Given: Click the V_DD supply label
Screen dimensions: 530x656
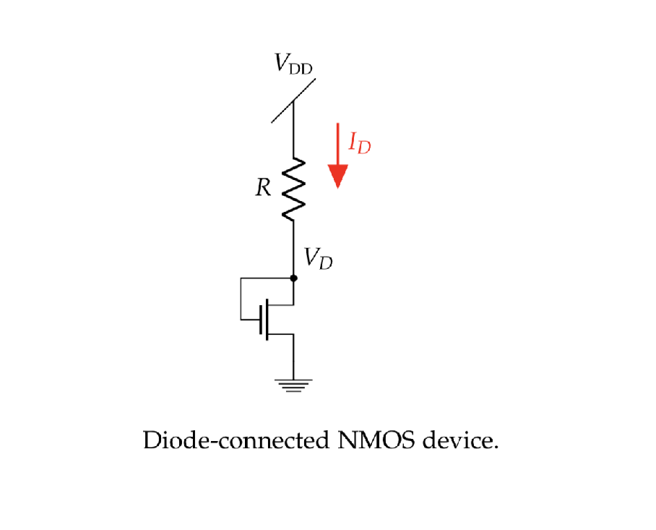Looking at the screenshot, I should [293, 65].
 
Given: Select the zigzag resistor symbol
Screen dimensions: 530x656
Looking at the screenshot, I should [293, 189].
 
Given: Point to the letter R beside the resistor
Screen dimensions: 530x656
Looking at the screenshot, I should [264, 189].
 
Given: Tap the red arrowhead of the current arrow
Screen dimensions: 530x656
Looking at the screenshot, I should [338, 176].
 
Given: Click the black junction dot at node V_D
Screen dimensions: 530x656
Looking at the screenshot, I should [293, 278].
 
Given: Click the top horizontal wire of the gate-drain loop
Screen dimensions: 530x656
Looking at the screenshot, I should [266, 278].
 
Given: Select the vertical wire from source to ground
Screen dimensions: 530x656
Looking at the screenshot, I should [293, 358].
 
